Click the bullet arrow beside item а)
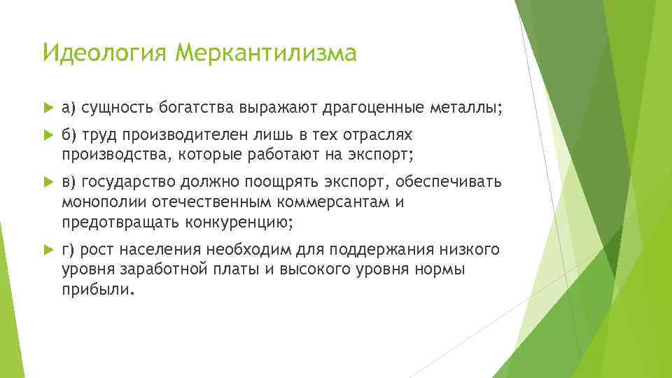pos(48,108)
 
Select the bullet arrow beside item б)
pos(48,134)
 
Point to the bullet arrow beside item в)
pos(48,183)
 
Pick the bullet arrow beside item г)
pos(48,250)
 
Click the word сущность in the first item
pos(112,108)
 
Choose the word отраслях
pos(382,133)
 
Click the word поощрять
pos(283,183)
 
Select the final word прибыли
pos(95,290)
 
